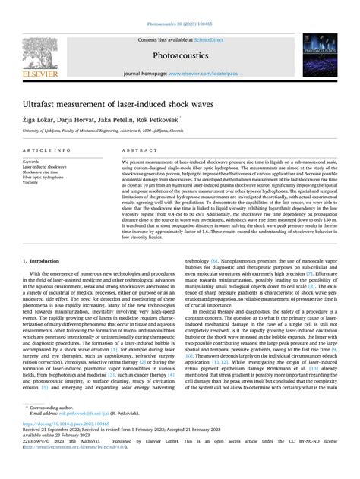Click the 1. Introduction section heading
[x=46, y=260]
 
